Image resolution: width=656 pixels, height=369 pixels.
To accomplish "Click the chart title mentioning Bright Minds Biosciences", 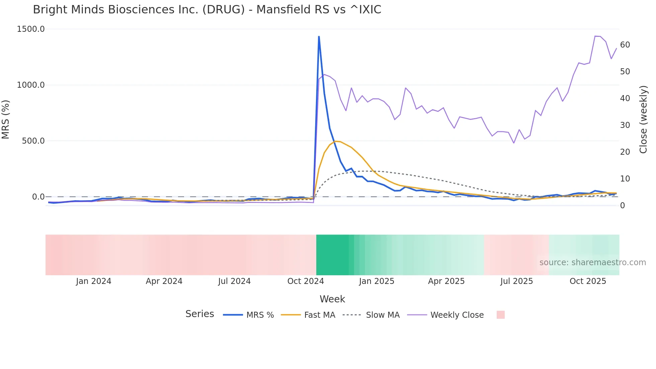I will click(207, 10).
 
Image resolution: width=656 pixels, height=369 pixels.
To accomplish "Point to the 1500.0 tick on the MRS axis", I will click(31, 29).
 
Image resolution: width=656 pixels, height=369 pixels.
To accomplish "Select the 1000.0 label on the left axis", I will click(31, 85).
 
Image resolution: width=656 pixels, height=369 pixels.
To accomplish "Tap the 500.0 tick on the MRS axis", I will click(33, 141).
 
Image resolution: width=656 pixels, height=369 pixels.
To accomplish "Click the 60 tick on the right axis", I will click(625, 45).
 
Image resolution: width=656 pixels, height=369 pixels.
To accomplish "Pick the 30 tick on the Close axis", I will click(625, 125).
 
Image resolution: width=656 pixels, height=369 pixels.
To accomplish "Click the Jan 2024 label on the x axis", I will click(93, 281).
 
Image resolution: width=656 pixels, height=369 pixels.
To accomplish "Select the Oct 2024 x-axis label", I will click(306, 281).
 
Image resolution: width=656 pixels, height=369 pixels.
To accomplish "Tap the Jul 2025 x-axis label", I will click(516, 281).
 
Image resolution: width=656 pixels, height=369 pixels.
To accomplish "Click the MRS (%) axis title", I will click(6, 119).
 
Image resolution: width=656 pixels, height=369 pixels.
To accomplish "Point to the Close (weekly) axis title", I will click(643, 119).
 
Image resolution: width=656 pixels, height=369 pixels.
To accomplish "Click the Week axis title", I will click(332, 299).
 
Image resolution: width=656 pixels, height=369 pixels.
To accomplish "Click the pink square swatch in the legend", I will click(500, 315).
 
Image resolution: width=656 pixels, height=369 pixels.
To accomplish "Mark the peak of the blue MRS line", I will click(319, 36).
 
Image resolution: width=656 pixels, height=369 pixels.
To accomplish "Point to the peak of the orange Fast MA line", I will click(336, 141).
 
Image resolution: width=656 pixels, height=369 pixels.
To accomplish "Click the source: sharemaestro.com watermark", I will click(592, 263).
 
